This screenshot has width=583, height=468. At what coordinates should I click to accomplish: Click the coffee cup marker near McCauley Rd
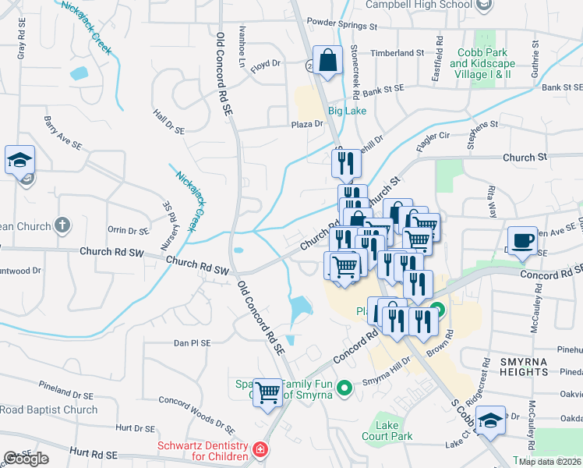click(x=521, y=239)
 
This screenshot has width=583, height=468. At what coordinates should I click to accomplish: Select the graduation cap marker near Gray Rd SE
click(x=19, y=160)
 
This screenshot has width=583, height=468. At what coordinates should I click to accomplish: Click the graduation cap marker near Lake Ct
click(x=490, y=420)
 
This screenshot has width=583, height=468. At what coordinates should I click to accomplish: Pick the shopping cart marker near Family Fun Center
click(x=267, y=392)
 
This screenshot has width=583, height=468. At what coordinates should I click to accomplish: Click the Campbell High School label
click(x=428, y=5)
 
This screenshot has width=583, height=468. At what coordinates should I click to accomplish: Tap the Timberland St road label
click(x=397, y=52)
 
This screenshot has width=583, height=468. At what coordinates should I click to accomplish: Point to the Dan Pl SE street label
click(x=193, y=342)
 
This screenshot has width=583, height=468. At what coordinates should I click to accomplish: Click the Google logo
click(x=26, y=459)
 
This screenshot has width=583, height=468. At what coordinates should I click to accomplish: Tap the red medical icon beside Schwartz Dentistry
click(x=259, y=451)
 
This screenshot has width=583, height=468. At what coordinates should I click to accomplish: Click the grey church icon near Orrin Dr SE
click(x=63, y=226)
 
